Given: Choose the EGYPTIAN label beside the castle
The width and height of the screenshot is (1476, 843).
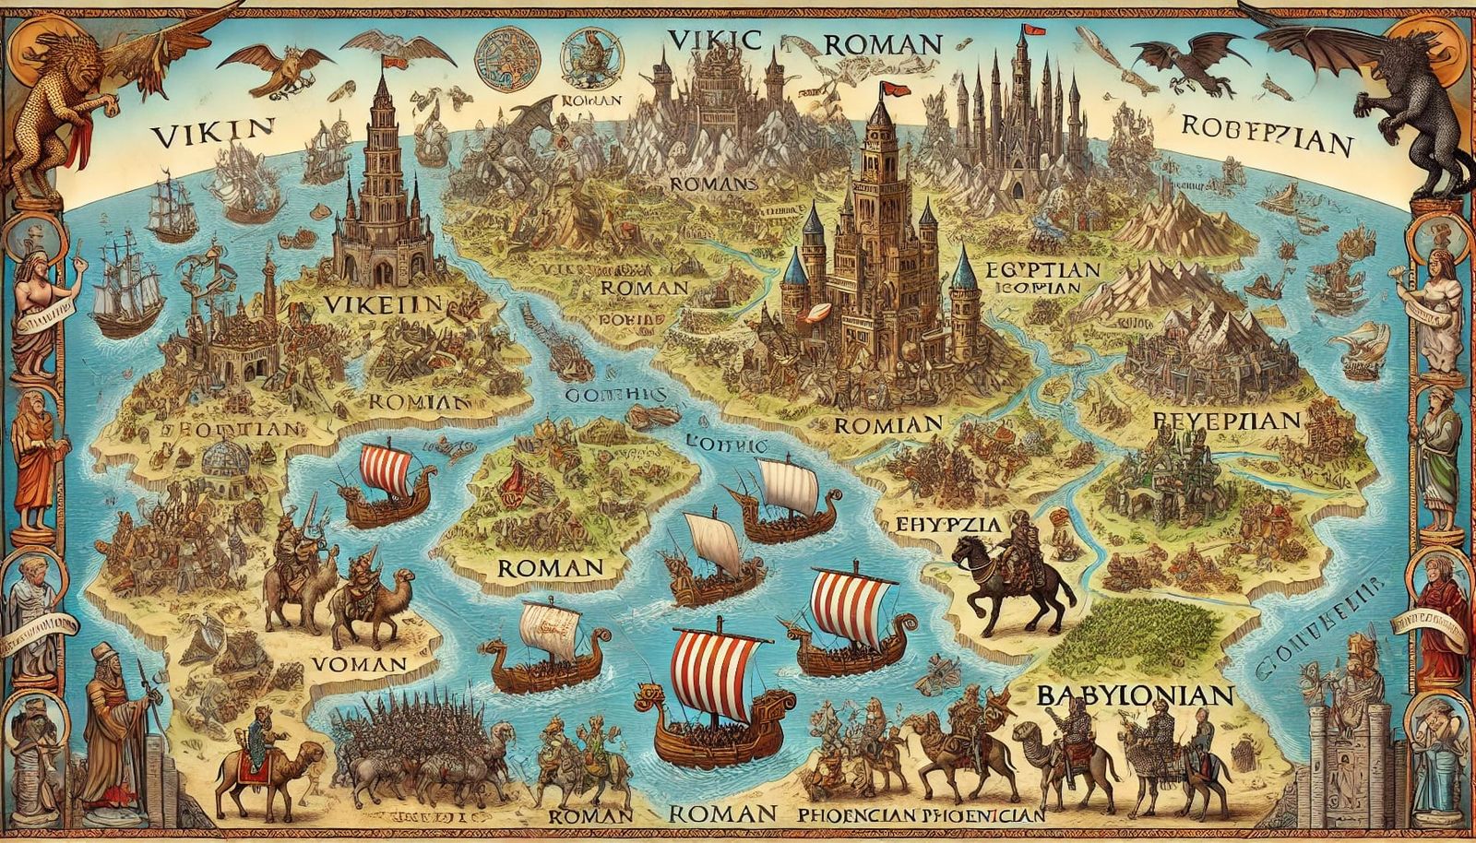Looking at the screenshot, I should pyautogui.click(x=1042, y=271).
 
